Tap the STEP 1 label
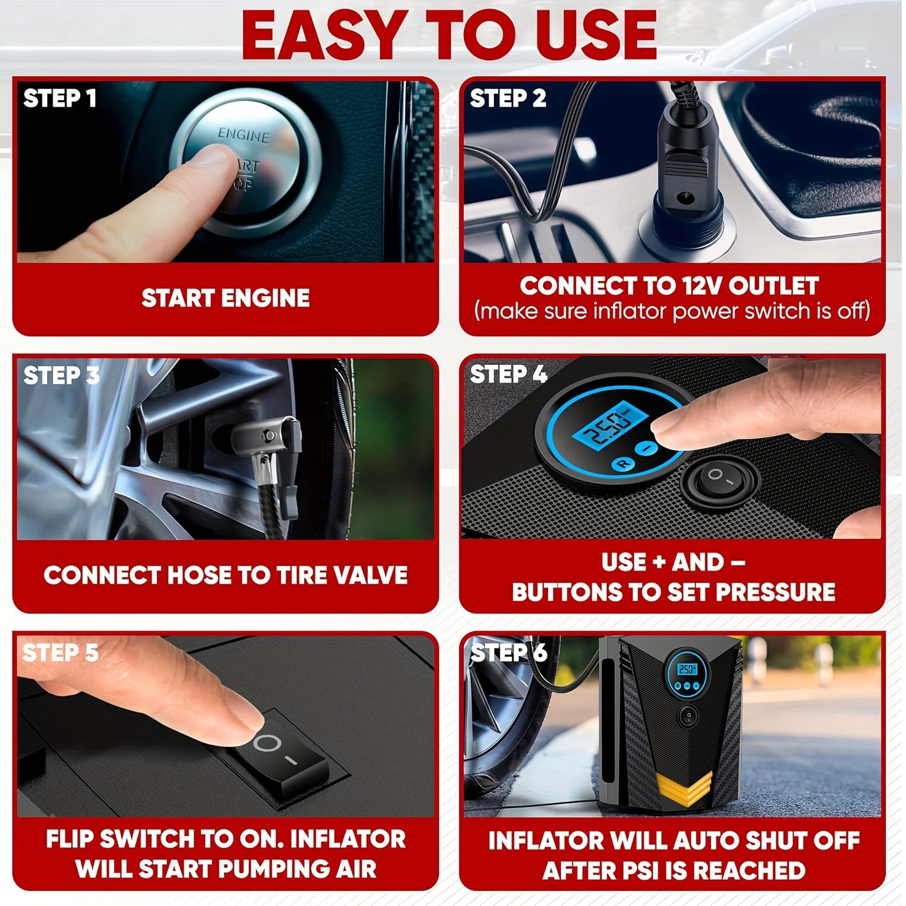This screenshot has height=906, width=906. click(x=60, y=98)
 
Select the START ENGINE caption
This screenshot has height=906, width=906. click(x=225, y=298)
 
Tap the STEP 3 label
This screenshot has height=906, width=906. click(x=61, y=376)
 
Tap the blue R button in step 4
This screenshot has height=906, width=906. click(x=623, y=465)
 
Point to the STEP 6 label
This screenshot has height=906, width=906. click(x=508, y=653)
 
